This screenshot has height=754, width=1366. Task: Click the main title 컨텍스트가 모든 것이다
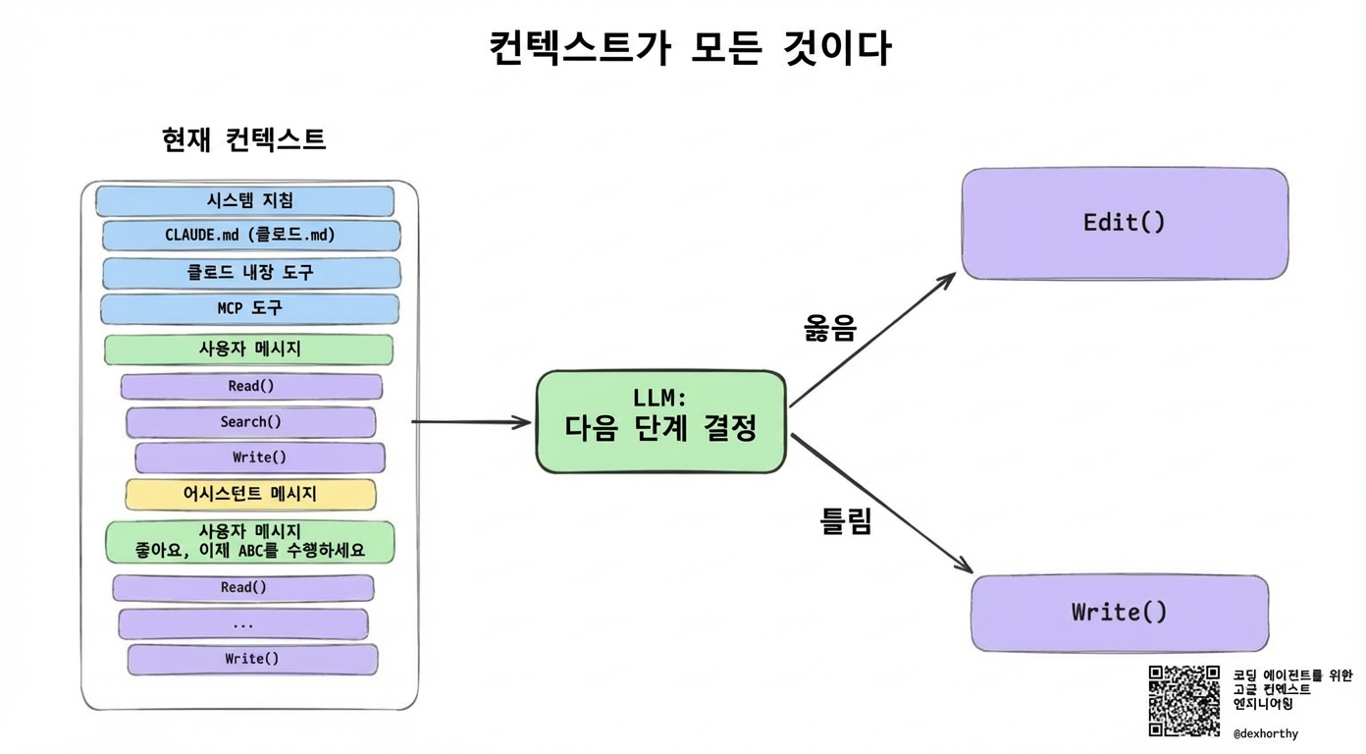(690, 47)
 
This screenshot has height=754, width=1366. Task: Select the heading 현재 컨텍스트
(243, 139)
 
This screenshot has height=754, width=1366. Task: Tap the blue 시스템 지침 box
(245, 200)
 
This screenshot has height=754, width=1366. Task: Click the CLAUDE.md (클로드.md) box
(251, 236)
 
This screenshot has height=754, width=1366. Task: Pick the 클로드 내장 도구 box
(251, 272)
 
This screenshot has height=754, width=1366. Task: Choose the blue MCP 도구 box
(249, 308)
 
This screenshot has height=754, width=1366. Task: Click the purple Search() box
(250, 422)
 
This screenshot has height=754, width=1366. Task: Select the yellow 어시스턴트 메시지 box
(250, 494)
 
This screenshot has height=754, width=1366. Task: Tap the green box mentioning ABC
(249, 542)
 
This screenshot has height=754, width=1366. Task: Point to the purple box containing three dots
(243, 623)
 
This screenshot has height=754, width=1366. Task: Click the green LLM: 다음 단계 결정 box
(660, 421)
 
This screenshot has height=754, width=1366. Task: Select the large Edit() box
(1125, 223)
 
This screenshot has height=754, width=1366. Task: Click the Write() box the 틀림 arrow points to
(1120, 613)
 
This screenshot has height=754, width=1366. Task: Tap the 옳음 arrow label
(830, 329)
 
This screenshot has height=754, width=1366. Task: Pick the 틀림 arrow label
(846, 521)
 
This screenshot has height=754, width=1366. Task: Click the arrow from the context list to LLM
(471, 422)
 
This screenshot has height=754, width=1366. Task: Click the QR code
(1184, 701)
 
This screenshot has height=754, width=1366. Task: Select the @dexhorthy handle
(1265, 733)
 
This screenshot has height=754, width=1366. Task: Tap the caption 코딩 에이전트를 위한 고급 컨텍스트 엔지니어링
(1291, 689)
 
